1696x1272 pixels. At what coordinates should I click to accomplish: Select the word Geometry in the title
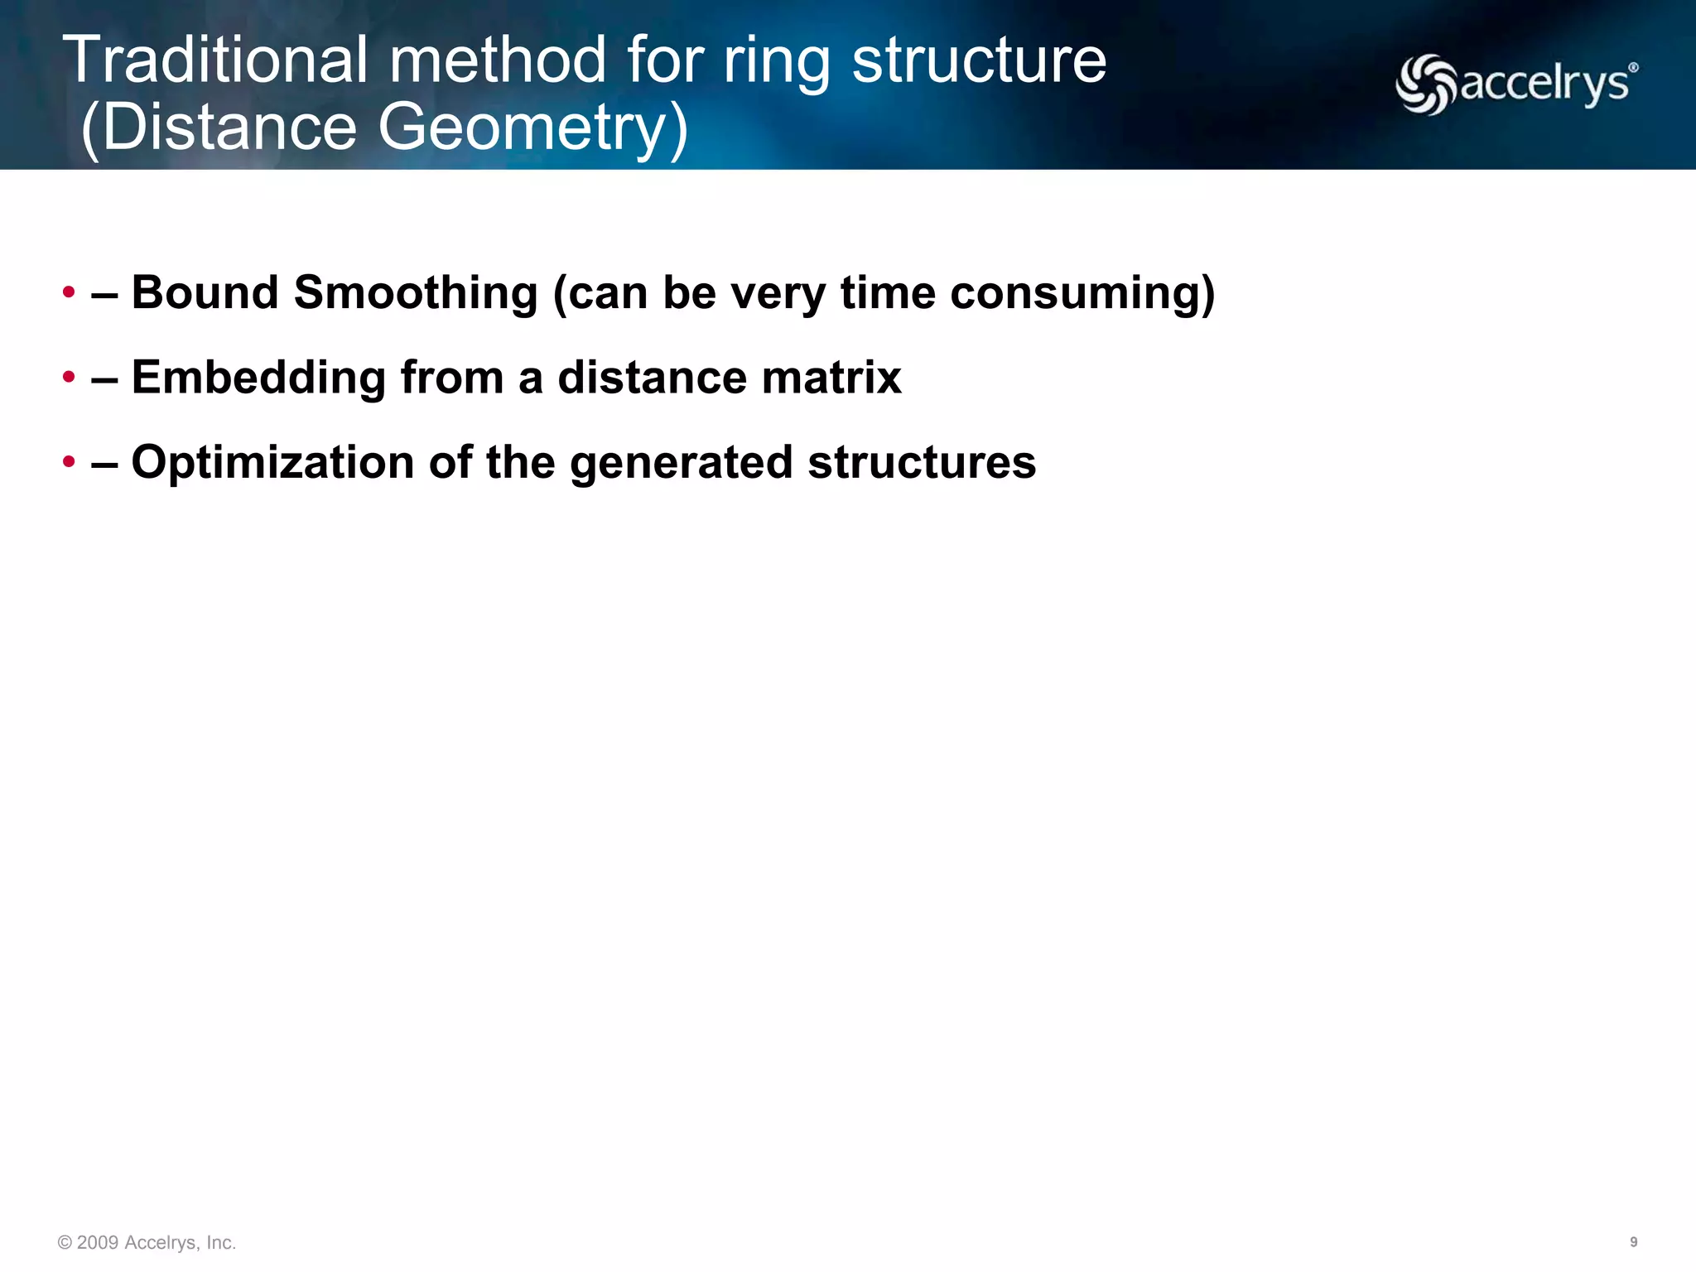pyautogui.click(x=523, y=128)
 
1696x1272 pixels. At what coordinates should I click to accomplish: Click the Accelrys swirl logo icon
pyautogui.click(x=1425, y=84)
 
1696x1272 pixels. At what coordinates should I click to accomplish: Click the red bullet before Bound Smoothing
pyautogui.click(x=69, y=292)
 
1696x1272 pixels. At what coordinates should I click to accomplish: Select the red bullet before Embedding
pyautogui.click(x=69, y=378)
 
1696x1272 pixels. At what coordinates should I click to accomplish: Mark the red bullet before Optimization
pyautogui.click(x=69, y=462)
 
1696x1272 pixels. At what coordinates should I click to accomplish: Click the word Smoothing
pyautogui.click(x=416, y=293)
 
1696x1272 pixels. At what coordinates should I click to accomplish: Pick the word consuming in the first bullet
pyautogui.click(x=1082, y=293)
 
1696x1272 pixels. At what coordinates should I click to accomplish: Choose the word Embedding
pyautogui.click(x=258, y=378)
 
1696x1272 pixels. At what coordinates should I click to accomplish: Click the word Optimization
pyautogui.click(x=272, y=462)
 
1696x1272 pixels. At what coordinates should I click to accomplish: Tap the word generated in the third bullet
pyautogui.click(x=681, y=462)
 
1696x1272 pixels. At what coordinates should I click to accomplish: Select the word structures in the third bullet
pyautogui.click(x=922, y=462)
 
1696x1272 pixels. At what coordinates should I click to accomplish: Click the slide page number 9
pyautogui.click(x=1633, y=1242)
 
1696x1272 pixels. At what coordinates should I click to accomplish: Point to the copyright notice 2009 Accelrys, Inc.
pyautogui.click(x=147, y=1242)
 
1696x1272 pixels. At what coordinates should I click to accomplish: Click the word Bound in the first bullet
pyautogui.click(x=205, y=292)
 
